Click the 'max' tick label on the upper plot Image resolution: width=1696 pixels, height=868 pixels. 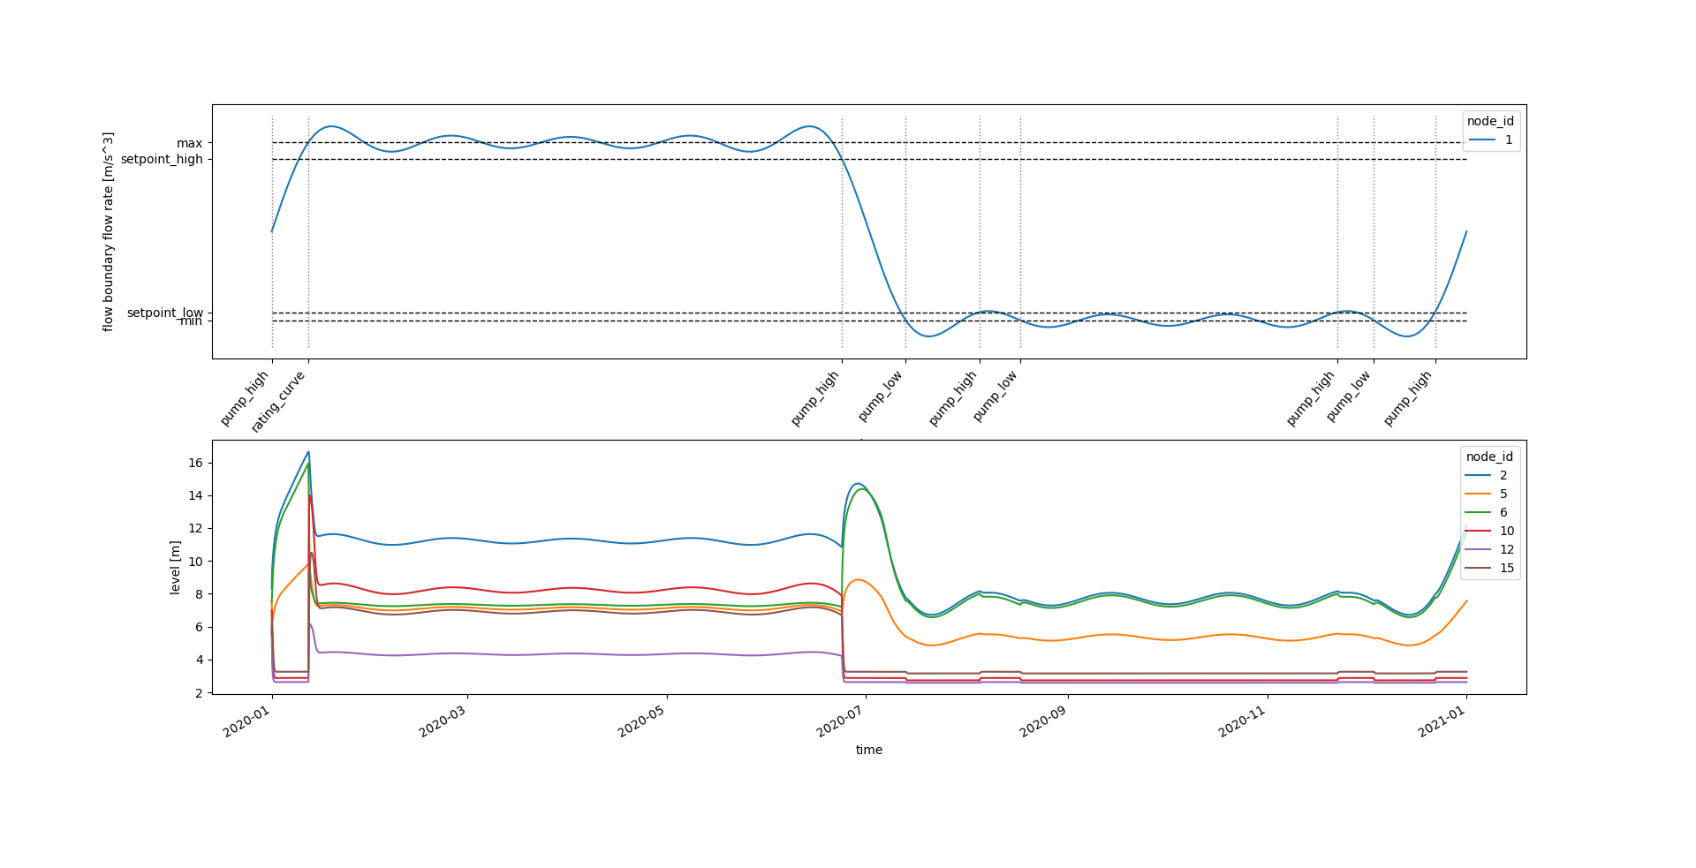coord(189,143)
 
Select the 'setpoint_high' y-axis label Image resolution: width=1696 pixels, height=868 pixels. coord(162,159)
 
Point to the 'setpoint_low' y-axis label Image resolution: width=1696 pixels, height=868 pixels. coord(164,313)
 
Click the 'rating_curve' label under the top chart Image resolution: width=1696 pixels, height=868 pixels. coord(278,402)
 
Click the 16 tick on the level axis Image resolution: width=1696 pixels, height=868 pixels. coord(195,463)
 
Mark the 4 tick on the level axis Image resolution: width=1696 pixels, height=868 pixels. coord(199,660)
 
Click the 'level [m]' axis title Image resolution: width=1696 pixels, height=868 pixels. coord(175,567)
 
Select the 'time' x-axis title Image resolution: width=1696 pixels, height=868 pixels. coord(868,750)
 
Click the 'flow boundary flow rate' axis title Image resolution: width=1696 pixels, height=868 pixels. coord(108,231)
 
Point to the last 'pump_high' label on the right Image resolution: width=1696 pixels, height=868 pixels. coord(1408,398)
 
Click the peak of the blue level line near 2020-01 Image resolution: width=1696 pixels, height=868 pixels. coord(308,452)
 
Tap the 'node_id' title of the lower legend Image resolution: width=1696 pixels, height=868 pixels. coord(1489,457)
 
